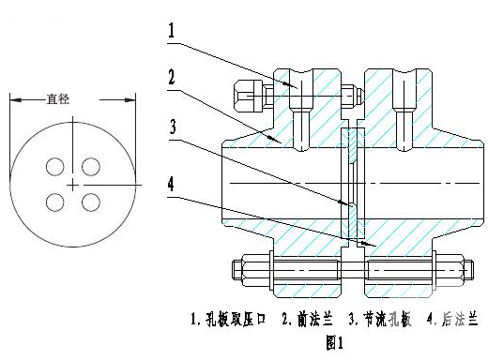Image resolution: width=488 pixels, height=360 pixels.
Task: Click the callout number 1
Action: (x=171, y=31)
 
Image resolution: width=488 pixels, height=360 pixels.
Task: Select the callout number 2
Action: (x=172, y=77)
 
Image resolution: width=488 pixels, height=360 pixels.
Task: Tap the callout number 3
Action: (x=173, y=127)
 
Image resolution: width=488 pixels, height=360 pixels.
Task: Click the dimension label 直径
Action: (x=58, y=98)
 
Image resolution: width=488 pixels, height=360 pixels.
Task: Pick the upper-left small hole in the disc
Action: (x=55, y=166)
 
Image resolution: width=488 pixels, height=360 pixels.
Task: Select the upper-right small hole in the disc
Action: (x=91, y=166)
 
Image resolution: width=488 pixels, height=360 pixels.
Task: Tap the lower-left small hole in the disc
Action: (x=55, y=202)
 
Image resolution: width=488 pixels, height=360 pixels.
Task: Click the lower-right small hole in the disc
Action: (x=91, y=202)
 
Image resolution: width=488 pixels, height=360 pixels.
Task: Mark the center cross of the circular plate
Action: (x=73, y=186)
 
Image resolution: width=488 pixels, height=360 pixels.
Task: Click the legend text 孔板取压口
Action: (x=236, y=320)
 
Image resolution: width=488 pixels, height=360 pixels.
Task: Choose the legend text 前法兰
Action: (x=315, y=320)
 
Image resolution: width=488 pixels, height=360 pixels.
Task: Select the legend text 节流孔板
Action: (x=388, y=320)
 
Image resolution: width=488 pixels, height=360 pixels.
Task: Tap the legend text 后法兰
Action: (x=460, y=320)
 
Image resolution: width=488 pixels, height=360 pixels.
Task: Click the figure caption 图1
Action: (x=334, y=342)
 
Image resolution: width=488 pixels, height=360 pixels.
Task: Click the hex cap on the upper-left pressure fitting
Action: (x=249, y=96)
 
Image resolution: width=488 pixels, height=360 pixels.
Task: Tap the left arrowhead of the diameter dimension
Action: (x=16, y=100)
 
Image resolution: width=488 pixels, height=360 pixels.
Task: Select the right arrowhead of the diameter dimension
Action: (x=130, y=100)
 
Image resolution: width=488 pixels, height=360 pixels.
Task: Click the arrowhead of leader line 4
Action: (x=370, y=244)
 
